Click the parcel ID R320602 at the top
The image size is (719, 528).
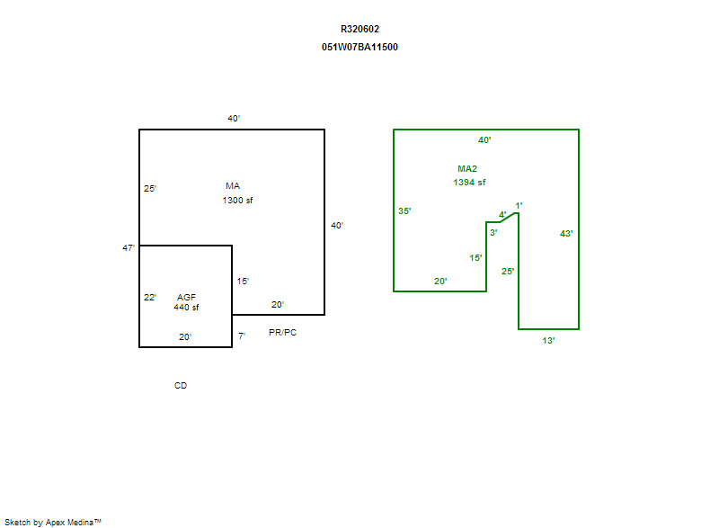(x=359, y=30)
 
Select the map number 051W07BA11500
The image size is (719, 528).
(x=359, y=48)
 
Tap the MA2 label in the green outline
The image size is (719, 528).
(x=467, y=169)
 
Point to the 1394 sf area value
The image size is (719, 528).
(x=469, y=182)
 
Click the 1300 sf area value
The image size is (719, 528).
(x=237, y=200)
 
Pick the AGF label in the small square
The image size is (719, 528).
(x=186, y=297)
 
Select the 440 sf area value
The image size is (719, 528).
(x=186, y=308)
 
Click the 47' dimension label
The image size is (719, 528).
(x=129, y=247)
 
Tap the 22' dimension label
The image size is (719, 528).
(x=150, y=297)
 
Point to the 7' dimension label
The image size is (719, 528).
(x=242, y=336)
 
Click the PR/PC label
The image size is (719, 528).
(x=282, y=332)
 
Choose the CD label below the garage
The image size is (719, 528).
(x=181, y=385)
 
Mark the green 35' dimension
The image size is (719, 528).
(x=404, y=211)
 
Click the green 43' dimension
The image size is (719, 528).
(x=566, y=234)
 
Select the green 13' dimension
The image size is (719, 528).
(x=548, y=340)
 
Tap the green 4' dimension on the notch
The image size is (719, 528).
(x=502, y=215)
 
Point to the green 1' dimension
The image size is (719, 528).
(x=519, y=205)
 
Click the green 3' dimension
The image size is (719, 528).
(x=493, y=233)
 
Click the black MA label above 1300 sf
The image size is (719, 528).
(x=233, y=186)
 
